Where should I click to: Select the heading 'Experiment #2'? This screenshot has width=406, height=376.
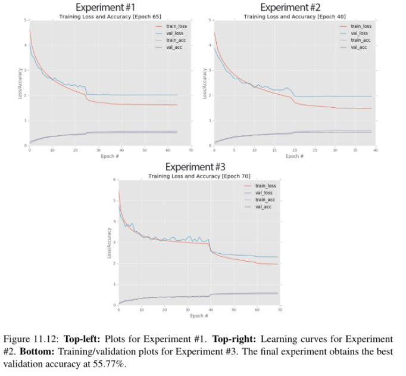[x=294, y=8]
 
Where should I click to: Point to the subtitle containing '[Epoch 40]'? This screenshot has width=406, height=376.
[x=294, y=17]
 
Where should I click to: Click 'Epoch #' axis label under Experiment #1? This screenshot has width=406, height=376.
[x=110, y=156]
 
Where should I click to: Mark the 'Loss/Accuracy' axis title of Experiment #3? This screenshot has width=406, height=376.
[x=107, y=242]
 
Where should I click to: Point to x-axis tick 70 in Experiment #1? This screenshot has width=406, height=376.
[x=190, y=150]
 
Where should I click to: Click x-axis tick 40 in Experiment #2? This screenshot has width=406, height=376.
[x=375, y=150]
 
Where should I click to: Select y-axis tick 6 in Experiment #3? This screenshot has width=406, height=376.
[x=114, y=180]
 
